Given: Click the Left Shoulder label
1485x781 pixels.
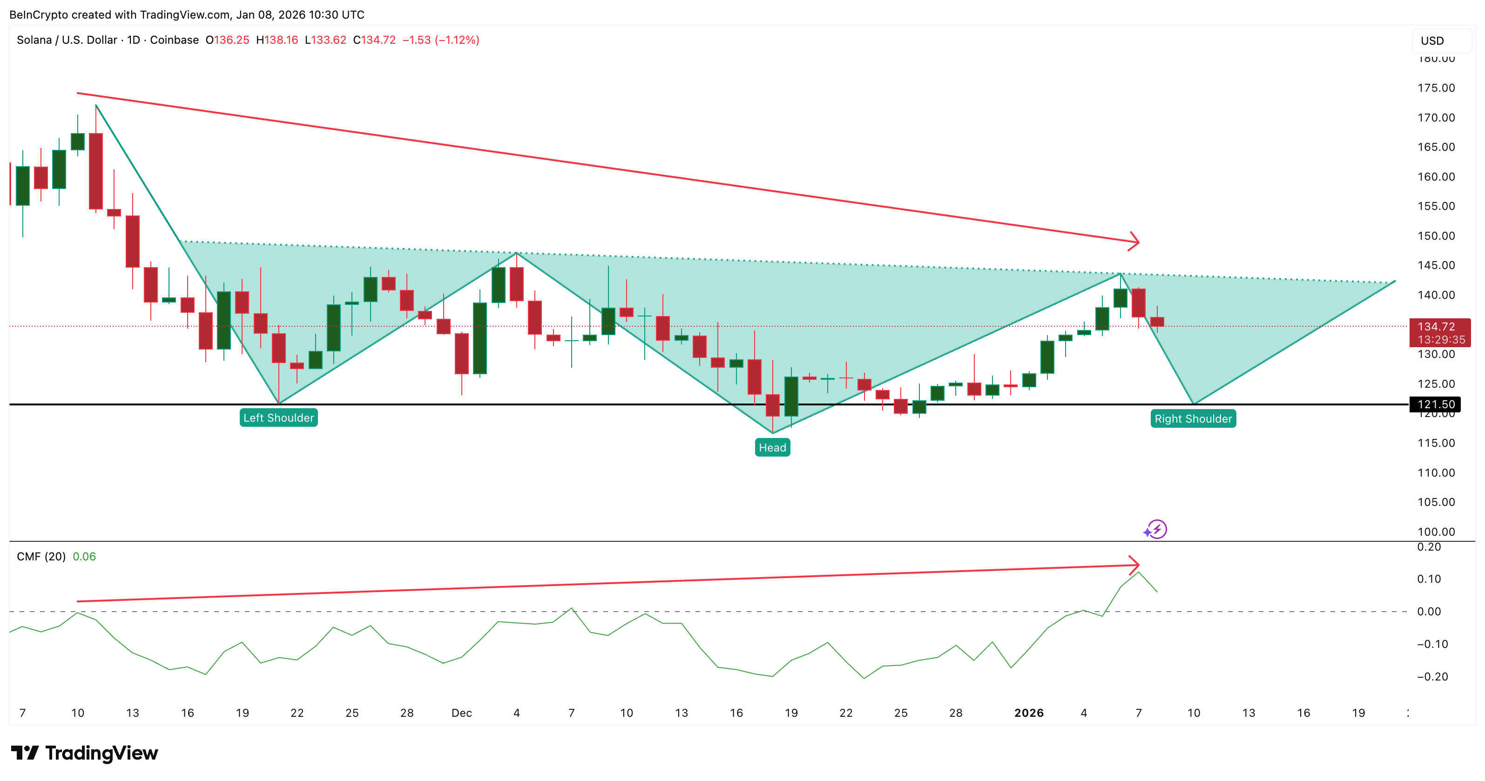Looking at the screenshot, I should coord(278,418).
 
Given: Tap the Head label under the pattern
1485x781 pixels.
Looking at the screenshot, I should coord(772,448).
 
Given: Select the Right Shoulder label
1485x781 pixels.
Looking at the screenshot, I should coord(1193,419).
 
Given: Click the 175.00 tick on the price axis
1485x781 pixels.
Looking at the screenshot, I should coord(1436,88).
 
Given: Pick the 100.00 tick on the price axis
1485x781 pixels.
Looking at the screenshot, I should coord(1436,532).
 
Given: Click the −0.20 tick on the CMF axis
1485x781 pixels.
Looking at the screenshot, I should coord(1432,677).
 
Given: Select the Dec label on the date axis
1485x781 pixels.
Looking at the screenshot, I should coord(461,713).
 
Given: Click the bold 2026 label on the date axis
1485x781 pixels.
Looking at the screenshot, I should coord(1028,713).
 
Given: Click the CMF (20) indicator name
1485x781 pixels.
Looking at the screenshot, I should coord(41,557).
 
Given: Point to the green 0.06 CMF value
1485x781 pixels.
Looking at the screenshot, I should coord(84,557).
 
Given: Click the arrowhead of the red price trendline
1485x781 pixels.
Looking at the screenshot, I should coord(1134,242).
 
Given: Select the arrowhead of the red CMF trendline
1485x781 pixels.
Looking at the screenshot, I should coord(1134,564).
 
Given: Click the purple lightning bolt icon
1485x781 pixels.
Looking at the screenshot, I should coord(1156,529).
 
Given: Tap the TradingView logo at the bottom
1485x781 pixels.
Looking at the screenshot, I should coord(84,754).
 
